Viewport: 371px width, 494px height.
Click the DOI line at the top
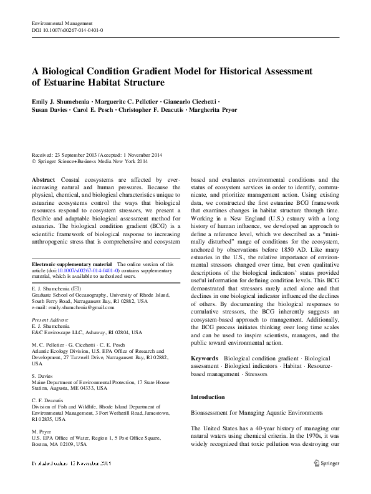coord(67,29)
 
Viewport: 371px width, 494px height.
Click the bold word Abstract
coord(43,179)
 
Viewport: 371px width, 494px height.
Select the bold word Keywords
coord(205,358)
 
